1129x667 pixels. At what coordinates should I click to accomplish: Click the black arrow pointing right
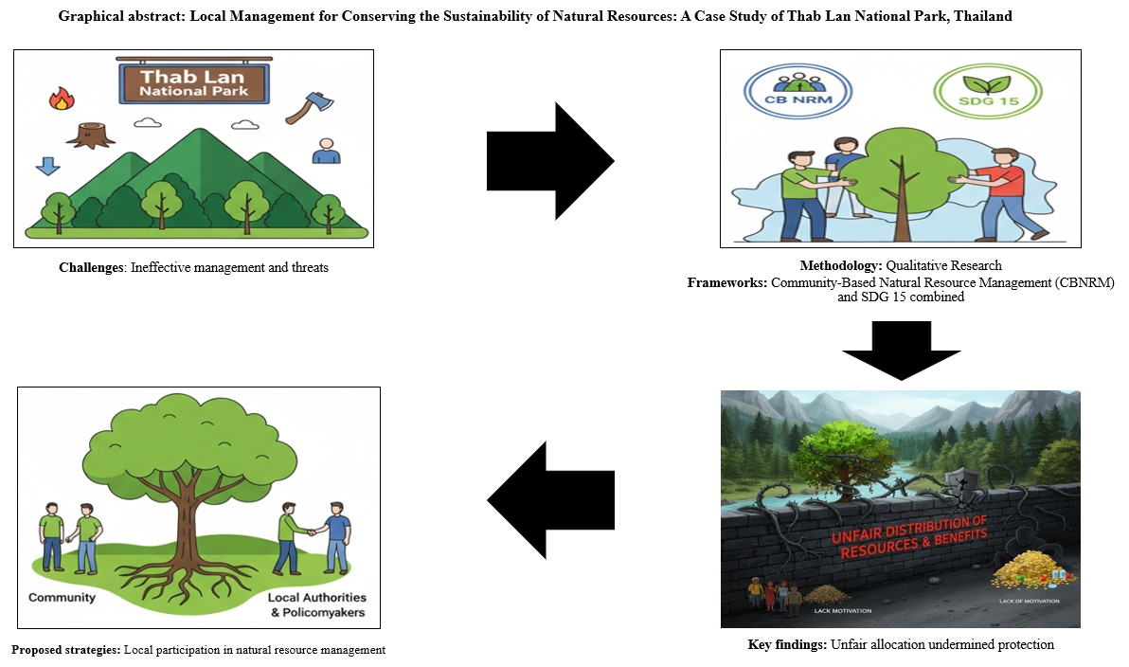click(549, 161)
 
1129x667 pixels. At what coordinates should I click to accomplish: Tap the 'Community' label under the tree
click(63, 598)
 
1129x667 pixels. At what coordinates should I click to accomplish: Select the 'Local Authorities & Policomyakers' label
click(316, 604)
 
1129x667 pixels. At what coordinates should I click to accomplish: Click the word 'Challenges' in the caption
click(92, 268)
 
